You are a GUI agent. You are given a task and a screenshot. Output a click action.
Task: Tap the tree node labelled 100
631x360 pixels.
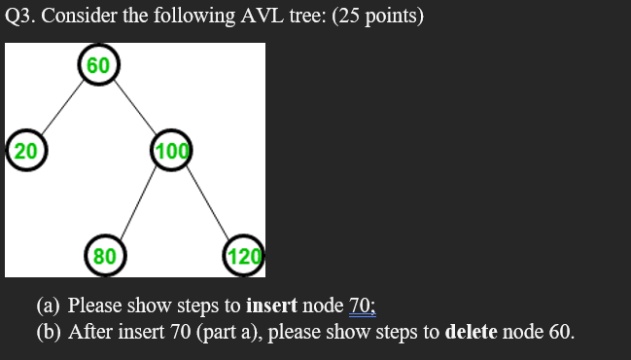pyautogui.click(x=172, y=151)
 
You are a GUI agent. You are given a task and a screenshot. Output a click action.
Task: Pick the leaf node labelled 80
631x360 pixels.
pyautogui.click(x=103, y=256)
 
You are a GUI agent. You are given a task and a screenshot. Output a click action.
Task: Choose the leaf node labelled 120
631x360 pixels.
pyautogui.click(x=244, y=256)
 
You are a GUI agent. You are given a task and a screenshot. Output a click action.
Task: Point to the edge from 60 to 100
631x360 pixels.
pyautogui.click(x=134, y=107)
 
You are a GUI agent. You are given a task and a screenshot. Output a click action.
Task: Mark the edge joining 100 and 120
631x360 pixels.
pyautogui.click(x=208, y=202)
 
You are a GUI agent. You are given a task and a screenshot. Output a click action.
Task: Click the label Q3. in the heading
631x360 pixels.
pyautogui.click(x=20, y=18)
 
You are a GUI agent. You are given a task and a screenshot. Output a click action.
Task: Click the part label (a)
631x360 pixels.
pyautogui.click(x=49, y=306)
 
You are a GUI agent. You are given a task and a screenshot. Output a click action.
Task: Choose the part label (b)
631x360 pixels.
pyautogui.click(x=50, y=331)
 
